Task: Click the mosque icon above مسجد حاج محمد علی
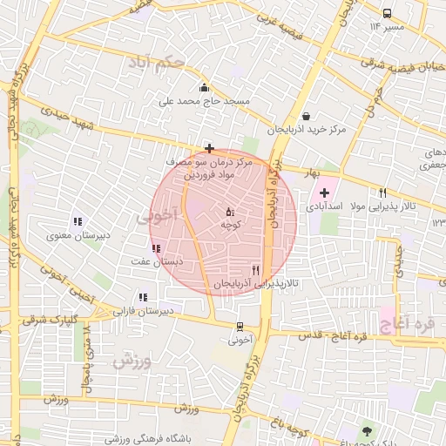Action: [204, 86]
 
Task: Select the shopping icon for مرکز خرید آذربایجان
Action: [305, 116]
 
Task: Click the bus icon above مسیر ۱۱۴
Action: [387, 13]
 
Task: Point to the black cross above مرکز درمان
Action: [209, 149]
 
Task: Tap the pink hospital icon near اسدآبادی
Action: [324, 193]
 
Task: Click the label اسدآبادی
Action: [326, 208]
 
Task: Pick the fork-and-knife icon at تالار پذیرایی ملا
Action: [382, 193]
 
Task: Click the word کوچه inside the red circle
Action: [231, 225]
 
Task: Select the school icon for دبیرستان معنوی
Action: [78, 221]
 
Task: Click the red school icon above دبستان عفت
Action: [156, 248]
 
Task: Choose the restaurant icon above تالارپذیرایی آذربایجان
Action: [255, 270]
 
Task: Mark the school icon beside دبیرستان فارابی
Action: [143, 297]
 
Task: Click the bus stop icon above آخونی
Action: [240, 327]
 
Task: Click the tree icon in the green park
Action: [366, 431]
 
